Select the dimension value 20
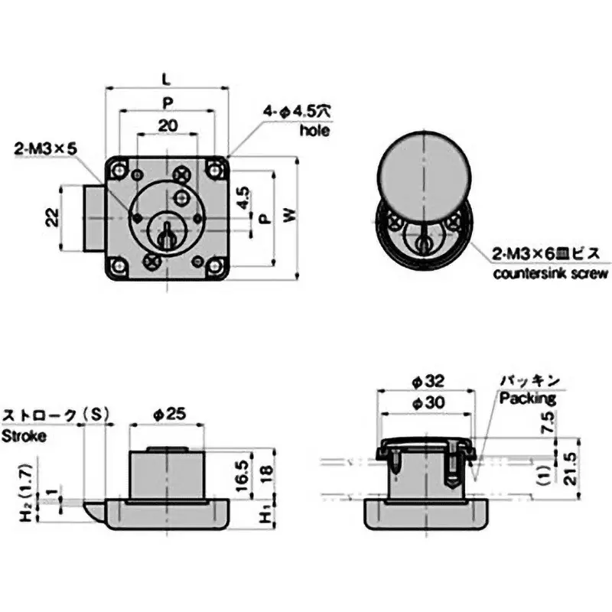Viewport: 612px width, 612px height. [x=167, y=125]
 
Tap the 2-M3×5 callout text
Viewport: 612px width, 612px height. [x=45, y=150]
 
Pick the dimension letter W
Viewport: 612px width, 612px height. [x=288, y=216]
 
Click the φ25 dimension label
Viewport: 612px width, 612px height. [x=168, y=413]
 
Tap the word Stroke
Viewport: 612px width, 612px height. [x=24, y=436]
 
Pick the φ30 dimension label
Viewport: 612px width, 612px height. [x=425, y=402]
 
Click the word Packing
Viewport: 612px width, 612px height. [x=528, y=398]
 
